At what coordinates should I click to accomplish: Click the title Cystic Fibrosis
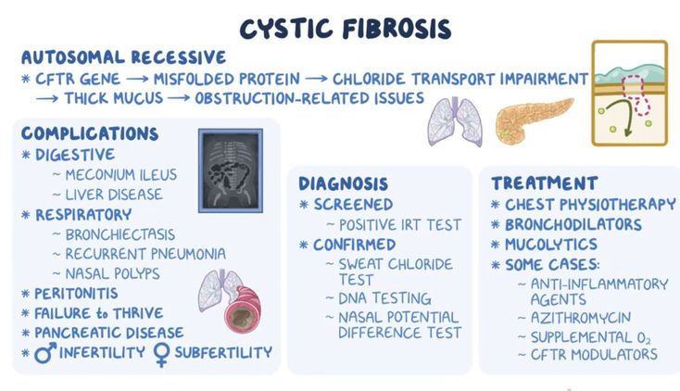(x=346, y=29)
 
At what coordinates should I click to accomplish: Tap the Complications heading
(x=90, y=133)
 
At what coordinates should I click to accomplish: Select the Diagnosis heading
(x=343, y=183)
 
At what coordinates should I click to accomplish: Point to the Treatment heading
(x=544, y=183)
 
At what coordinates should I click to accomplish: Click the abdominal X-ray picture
(x=231, y=170)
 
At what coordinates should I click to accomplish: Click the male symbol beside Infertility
(x=45, y=352)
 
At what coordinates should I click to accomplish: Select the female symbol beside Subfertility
(x=161, y=355)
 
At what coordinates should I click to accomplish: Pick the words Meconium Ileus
(x=121, y=175)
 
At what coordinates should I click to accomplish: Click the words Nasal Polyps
(x=112, y=274)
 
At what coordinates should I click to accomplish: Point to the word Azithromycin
(x=581, y=318)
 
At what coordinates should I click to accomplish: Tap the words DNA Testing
(x=384, y=298)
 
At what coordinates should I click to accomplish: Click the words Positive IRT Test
(x=400, y=225)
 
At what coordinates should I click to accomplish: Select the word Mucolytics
(x=551, y=245)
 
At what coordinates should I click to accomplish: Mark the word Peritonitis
(x=76, y=294)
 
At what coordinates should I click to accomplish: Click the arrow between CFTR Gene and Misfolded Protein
(x=137, y=80)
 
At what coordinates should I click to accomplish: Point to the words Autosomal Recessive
(x=123, y=57)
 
